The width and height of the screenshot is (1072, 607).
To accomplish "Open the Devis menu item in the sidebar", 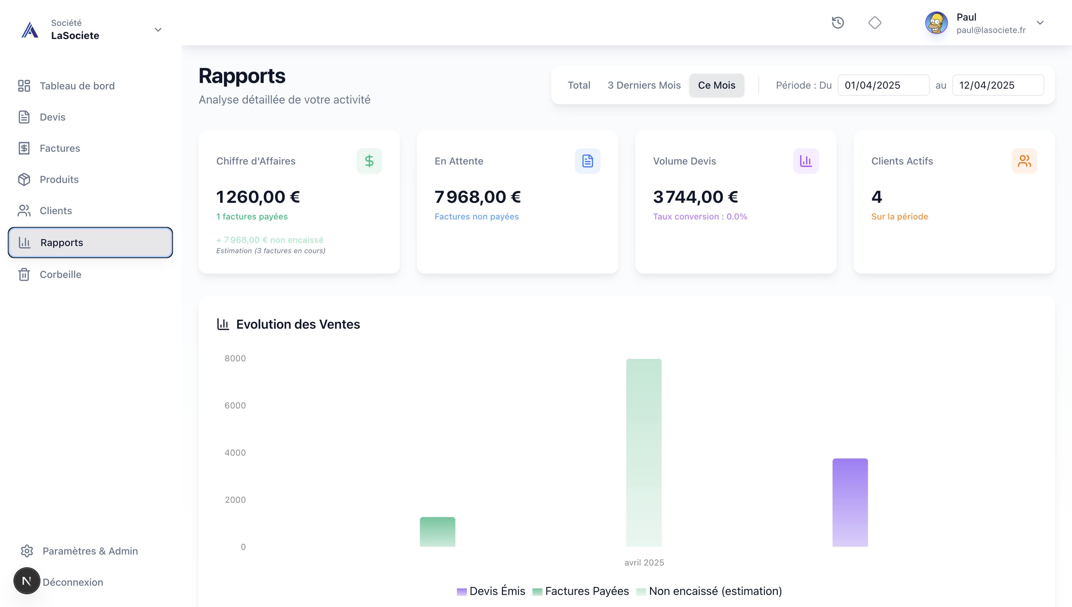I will pos(52,117).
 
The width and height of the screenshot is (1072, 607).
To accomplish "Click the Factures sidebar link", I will pos(60,149).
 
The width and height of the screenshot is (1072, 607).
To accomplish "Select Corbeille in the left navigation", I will pos(60,275).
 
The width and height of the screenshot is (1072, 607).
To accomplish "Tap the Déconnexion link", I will pos(73,582).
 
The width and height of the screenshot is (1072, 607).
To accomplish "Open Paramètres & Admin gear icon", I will pos(27,551).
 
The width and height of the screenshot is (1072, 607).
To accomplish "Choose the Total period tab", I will pos(579,85).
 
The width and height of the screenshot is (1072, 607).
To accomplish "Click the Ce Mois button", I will pos(716,85).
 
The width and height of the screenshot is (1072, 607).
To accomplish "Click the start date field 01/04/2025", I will pos(883,85).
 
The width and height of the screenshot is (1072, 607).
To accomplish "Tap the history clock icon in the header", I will pos(838,22).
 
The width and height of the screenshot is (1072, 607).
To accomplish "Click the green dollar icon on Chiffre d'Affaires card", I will pos(369,161).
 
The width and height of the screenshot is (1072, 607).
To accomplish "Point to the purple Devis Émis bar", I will pos(849,502).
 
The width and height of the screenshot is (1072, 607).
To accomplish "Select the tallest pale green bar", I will pos(643,452).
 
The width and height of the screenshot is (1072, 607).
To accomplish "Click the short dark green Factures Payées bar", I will pos(437,531).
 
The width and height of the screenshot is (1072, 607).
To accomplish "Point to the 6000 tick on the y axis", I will pos(235,406).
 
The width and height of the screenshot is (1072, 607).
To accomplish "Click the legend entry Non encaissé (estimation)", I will pos(715,591).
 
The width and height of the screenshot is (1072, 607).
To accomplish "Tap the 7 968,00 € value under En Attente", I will pos(477,197).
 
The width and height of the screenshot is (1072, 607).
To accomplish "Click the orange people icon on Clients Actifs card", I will pos(1024,161).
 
